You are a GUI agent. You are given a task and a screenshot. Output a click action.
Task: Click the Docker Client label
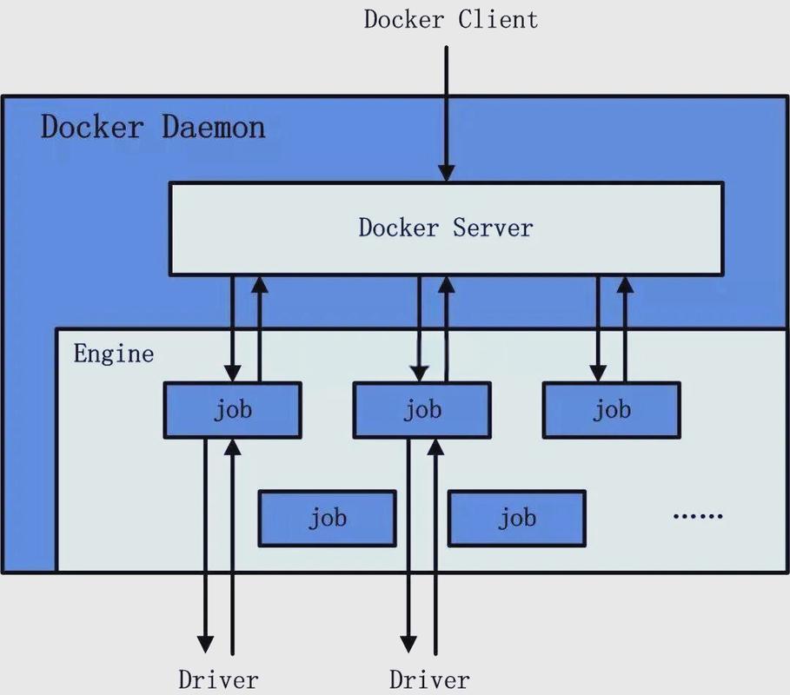tap(450, 19)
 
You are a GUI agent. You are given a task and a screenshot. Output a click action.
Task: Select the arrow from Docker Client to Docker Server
tap(447, 113)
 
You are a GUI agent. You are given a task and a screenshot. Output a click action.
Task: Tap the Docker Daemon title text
tap(153, 128)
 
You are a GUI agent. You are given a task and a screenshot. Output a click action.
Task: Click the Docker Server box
tap(445, 228)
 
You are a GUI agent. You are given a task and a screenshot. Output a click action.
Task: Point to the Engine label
tap(113, 354)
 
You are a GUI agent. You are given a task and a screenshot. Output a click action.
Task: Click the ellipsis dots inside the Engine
tap(698, 516)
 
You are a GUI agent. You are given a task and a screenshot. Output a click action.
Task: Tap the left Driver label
tap(218, 679)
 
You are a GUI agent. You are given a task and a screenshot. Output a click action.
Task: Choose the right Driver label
tap(429, 679)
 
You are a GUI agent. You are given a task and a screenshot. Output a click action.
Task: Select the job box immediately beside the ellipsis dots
tap(516, 519)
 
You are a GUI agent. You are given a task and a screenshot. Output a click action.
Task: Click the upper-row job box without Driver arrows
tap(611, 410)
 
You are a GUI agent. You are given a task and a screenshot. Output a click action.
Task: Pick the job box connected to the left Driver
tap(232, 410)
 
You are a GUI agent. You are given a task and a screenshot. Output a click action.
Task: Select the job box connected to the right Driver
tap(422, 410)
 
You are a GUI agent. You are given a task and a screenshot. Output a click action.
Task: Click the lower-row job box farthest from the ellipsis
tap(327, 519)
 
